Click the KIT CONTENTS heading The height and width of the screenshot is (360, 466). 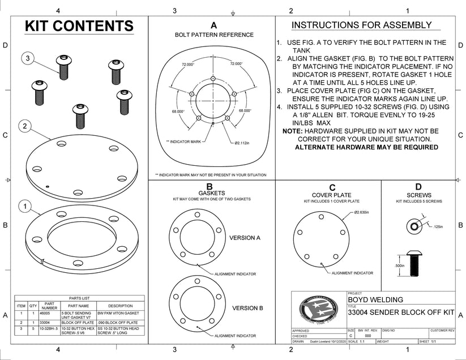point(80,26)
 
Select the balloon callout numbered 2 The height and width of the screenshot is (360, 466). point(24,126)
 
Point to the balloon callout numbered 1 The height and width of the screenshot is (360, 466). point(24,206)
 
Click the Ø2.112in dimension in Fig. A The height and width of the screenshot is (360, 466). point(242,142)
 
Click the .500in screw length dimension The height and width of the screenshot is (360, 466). point(400,265)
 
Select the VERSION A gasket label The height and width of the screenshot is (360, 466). point(245,238)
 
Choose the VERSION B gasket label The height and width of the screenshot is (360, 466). point(248,308)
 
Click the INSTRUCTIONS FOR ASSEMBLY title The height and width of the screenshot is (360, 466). point(361,25)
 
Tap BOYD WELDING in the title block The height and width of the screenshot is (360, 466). point(375,300)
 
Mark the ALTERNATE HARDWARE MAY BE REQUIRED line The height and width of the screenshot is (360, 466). point(366,147)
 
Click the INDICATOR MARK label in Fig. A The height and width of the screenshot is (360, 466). point(185,141)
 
